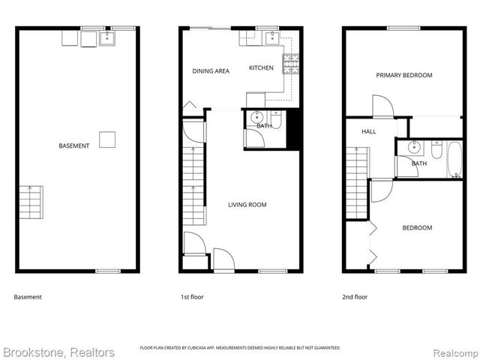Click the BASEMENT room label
click(x=74, y=145)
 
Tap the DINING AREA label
click(x=211, y=71)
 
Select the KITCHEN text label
click(x=261, y=68)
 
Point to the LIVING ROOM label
click(x=247, y=205)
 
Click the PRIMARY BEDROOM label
click(x=404, y=75)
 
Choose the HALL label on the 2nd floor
click(x=369, y=131)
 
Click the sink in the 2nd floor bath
click(x=414, y=146)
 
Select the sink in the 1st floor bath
click(x=257, y=117)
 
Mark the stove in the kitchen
click(x=289, y=63)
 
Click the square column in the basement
click(x=107, y=139)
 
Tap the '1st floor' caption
click(x=192, y=297)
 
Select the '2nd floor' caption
click(x=355, y=297)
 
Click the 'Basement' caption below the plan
click(x=28, y=297)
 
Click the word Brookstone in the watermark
click(x=33, y=352)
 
